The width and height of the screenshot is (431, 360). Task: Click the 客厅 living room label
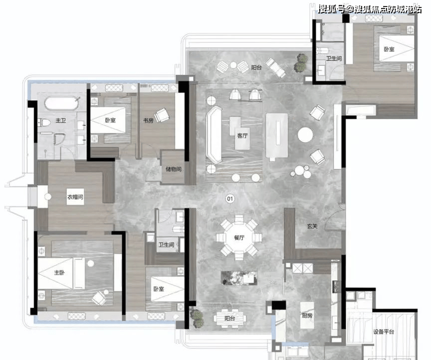(x=242, y=136)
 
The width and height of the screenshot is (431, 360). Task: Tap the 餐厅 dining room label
(x=239, y=237)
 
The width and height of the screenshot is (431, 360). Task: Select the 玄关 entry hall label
(x=312, y=226)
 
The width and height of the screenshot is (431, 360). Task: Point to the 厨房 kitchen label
(x=307, y=316)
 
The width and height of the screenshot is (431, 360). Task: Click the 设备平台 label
(x=384, y=332)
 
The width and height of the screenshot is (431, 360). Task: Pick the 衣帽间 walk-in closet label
(x=75, y=197)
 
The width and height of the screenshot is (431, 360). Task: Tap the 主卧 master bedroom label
(x=59, y=273)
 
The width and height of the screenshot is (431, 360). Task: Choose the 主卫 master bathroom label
(x=60, y=120)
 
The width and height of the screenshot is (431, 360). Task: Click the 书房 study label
(x=148, y=120)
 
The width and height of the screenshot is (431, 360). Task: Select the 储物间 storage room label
(x=174, y=169)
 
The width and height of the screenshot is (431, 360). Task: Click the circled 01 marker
(x=230, y=198)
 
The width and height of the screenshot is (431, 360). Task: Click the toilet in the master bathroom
(x=44, y=122)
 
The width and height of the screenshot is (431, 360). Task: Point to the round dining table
(x=239, y=238)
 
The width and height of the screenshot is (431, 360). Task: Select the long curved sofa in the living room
(x=214, y=135)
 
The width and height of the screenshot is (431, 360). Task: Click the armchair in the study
(x=162, y=115)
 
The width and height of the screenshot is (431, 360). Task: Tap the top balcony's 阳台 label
(x=256, y=67)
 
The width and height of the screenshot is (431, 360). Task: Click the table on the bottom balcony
(x=230, y=319)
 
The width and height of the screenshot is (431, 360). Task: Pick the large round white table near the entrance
(x=305, y=135)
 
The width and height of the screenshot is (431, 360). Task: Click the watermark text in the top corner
(x=370, y=9)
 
